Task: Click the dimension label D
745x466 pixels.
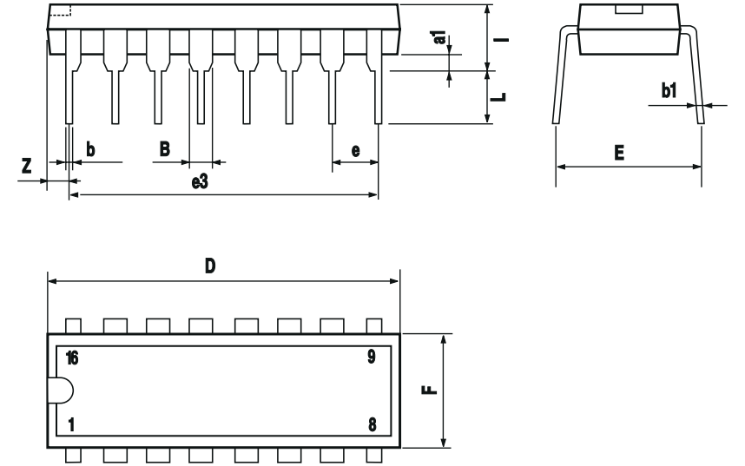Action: (209, 266)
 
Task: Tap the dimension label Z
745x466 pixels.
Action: (28, 165)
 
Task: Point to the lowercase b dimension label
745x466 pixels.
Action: (90, 149)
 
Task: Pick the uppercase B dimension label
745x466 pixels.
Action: (165, 148)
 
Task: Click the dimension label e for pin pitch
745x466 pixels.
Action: (356, 150)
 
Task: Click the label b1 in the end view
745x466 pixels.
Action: (669, 89)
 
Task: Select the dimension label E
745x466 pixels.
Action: (619, 154)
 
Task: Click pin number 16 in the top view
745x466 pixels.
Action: (72, 358)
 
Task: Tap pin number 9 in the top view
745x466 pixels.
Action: (372, 356)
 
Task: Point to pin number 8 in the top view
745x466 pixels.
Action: (372, 425)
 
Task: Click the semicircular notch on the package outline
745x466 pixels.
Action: (63, 391)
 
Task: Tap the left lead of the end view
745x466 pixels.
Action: (560, 78)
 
